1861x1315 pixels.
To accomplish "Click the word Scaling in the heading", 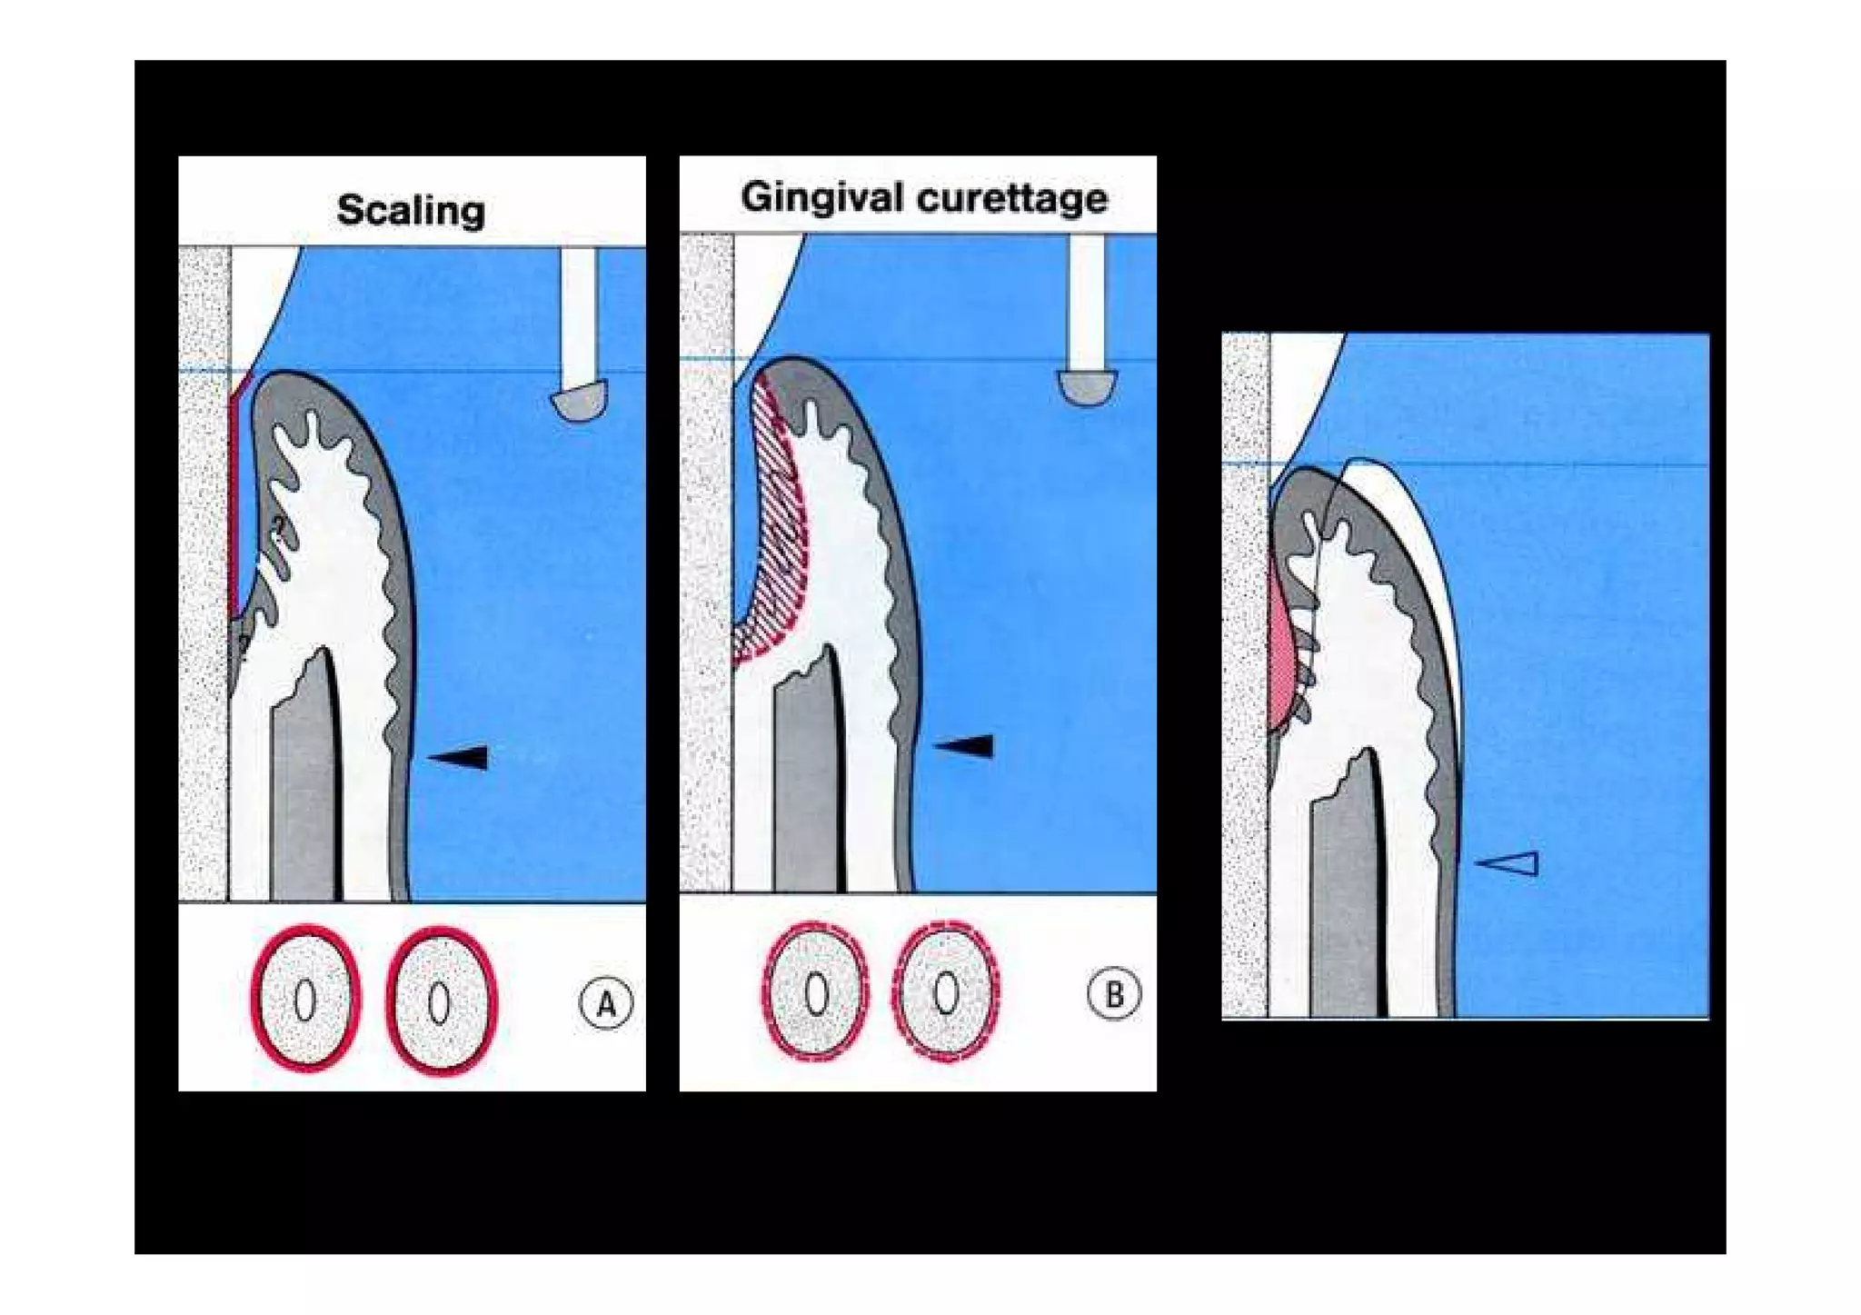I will (411, 210).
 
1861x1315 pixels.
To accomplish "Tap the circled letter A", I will (605, 1003).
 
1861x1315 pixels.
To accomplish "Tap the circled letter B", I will (1113, 994).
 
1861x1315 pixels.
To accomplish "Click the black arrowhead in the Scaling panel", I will (461, 756).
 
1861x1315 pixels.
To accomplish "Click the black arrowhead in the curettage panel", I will (965, 746).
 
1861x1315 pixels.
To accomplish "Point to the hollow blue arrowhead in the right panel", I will (1509, 863).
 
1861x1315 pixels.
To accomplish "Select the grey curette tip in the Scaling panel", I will (578, 401).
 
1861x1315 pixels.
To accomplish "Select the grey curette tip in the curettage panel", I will (1087, 387).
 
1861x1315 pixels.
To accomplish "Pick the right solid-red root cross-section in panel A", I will (441, 1001).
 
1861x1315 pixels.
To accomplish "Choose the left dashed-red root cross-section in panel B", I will (815, 991).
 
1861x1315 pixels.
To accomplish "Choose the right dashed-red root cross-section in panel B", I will (946, 991).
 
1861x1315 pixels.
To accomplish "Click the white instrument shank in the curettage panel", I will (1087, 300).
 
